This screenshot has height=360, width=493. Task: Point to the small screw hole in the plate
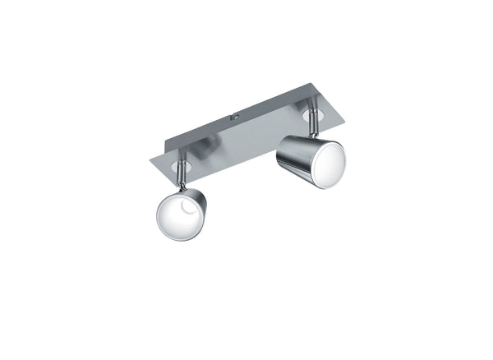coord(235,118)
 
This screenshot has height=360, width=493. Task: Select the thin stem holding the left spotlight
coord(185,178)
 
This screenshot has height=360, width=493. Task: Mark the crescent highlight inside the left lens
coord(187,211)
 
